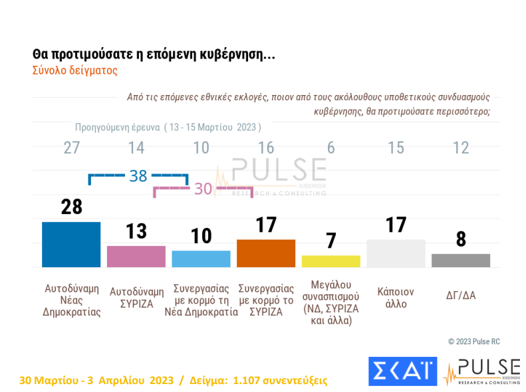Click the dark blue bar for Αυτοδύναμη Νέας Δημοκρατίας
click(71, 245)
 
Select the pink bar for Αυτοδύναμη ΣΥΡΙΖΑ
click(136, 256)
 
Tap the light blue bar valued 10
click(201, 258)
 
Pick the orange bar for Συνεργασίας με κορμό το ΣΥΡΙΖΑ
click(266, 253)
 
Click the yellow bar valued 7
click(330, 261)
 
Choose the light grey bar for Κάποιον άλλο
click(396, 253)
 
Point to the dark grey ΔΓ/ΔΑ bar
click(460, 260)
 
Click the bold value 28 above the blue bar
click(71, 207)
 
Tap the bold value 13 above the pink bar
click(136, 231)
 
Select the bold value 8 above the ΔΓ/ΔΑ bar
click(460, 239)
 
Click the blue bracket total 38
click(138, 176)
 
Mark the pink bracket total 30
click(203, 189)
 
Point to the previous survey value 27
click(71, 148)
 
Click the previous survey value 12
click(460, 148)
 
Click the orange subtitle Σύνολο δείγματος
click(74, 69)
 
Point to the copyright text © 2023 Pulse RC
click(473, 342)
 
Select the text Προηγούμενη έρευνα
click(116, 126)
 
